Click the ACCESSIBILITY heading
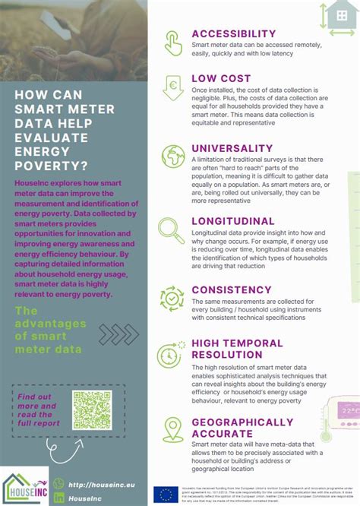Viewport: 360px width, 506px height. click(233, 34)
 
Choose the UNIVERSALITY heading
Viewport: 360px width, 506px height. click(232, 148)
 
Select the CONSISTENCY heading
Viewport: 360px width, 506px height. click(232, 289)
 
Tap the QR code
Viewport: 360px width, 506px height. click(91, 410)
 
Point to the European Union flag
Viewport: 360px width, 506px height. click(165, 495)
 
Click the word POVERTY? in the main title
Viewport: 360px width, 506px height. click(50, 166)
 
